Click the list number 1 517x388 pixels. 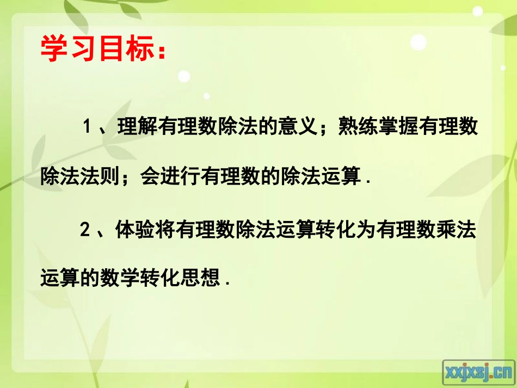click(85, 128)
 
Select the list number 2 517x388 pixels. click(85, 230)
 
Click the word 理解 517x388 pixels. click(135, 128)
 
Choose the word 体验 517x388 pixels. click(135, 230)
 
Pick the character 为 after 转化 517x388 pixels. click(366, 230)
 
